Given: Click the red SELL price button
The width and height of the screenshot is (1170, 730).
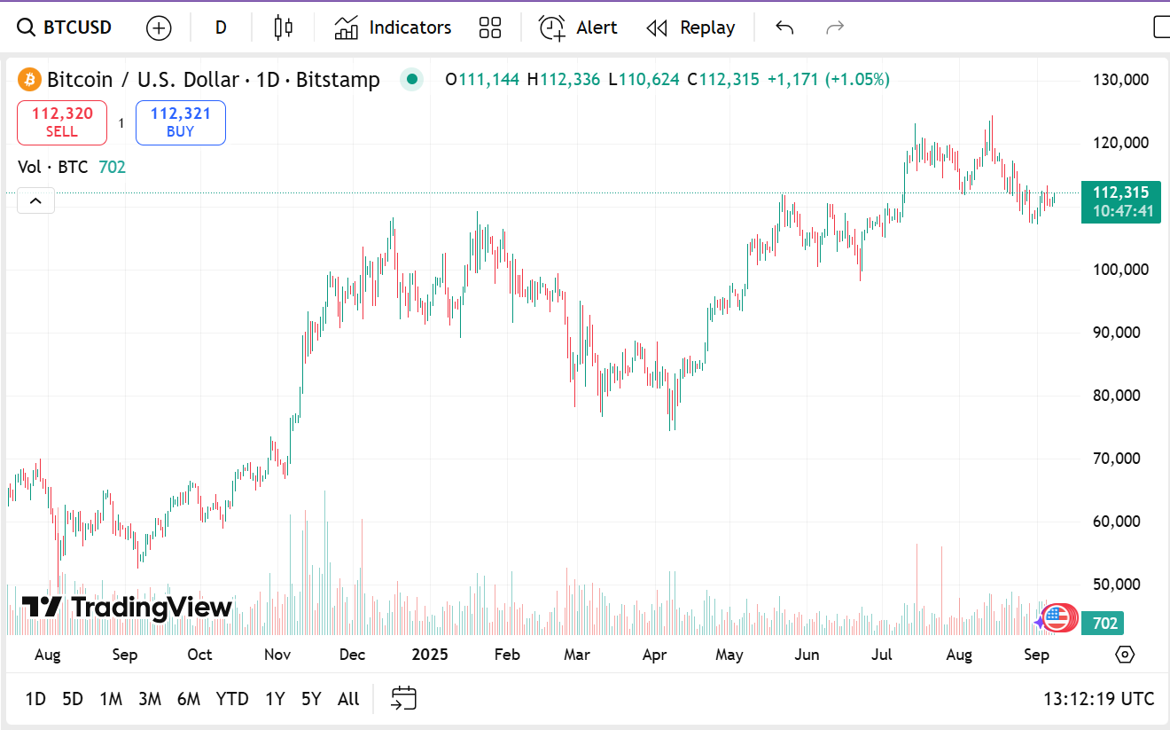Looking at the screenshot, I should [61, 122].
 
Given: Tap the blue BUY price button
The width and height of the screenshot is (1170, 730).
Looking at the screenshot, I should [180, 122].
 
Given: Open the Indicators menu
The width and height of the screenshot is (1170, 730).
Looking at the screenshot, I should [393, 27].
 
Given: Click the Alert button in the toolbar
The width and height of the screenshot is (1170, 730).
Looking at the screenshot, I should [578, 27].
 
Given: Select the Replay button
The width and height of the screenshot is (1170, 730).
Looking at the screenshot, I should [690, 27].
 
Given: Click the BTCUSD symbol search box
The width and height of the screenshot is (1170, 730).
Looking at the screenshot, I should [66, 27].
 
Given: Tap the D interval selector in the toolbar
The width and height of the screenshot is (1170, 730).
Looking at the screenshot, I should [221, 27].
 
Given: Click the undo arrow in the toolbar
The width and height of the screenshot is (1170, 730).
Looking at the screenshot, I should [784, 27].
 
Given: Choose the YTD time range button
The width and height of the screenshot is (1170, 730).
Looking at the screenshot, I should [232, 699].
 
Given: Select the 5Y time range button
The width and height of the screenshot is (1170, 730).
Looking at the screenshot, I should [311, 699].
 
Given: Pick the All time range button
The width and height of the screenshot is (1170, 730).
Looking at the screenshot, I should [348, 699].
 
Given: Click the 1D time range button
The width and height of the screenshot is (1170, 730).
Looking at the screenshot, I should [35, 699].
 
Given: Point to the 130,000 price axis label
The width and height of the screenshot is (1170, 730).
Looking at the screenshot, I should [1120, 80].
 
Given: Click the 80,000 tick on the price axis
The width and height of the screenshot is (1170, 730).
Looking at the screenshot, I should [1116, 396].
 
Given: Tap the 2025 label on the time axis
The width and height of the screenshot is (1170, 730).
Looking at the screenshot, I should [430, 655].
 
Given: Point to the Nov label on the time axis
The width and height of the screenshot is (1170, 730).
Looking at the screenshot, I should [277, 655].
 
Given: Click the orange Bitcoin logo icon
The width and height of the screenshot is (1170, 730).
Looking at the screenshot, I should [29, 80].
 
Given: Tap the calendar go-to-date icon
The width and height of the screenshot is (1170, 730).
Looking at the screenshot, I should [403, 698].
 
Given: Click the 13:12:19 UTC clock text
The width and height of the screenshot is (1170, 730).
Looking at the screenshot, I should [1099, 699].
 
